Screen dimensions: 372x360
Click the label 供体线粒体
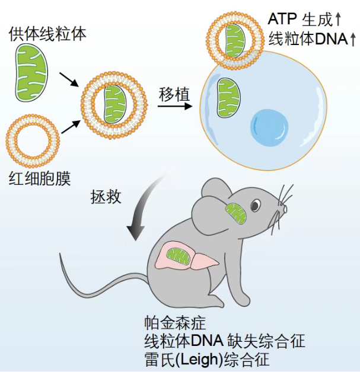[47, 33]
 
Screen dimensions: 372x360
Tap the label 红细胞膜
[39, 178]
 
